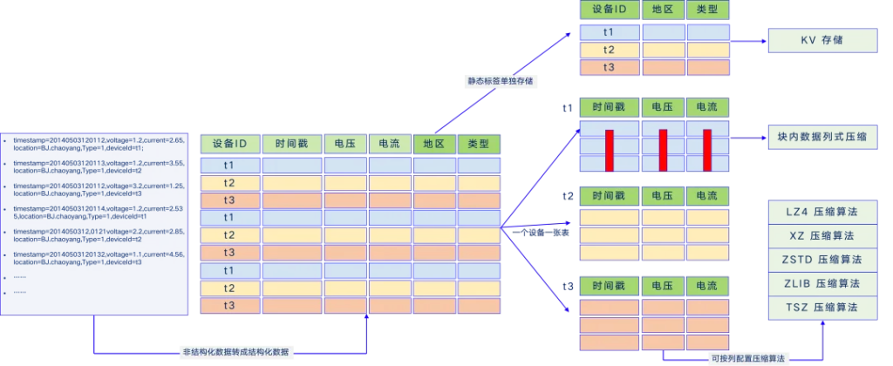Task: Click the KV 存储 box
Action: pos(821,40)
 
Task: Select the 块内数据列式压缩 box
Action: pos(821,138)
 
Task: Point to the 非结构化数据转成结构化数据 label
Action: pos(238,351)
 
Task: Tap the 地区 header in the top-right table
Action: pos(663,10)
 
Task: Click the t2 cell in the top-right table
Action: pos(609,50)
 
